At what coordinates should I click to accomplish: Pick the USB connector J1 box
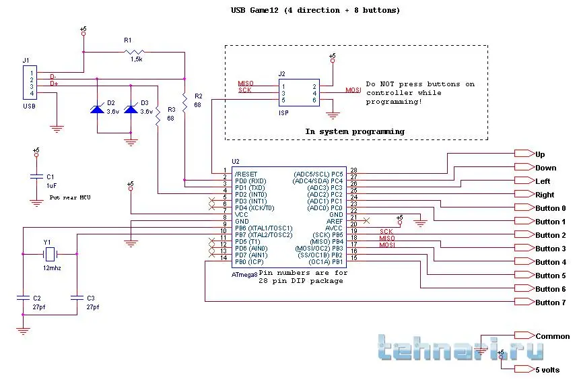tap(30, 84)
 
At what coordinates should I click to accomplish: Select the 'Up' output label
tap(540, 154)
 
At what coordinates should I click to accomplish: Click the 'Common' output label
tap(552, 336)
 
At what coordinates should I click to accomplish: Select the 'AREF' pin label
tap(335, 220)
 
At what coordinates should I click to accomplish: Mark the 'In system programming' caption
tap(355, 131)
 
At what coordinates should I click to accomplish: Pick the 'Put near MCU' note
tap(70, 197)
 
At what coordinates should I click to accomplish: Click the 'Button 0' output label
tap(551, 208)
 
